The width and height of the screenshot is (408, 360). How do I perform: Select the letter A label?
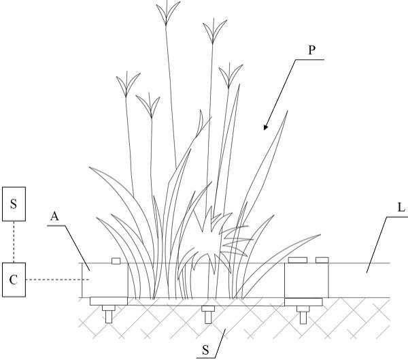[54, 216]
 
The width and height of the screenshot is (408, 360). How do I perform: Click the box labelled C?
[14, 280]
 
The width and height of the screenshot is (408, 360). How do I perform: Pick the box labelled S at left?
[14, 204]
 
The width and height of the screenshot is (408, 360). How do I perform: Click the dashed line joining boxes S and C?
[14, 242]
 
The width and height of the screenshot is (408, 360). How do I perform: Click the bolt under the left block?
[108, 314]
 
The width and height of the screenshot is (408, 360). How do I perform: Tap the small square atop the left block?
[116, 261]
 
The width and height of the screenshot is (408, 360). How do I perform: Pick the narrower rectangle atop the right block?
[322, 259]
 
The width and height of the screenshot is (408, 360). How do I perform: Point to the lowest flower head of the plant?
[148, 103]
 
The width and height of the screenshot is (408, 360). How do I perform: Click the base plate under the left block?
[108, 301]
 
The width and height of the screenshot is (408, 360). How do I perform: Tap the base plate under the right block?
[304, 301]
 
